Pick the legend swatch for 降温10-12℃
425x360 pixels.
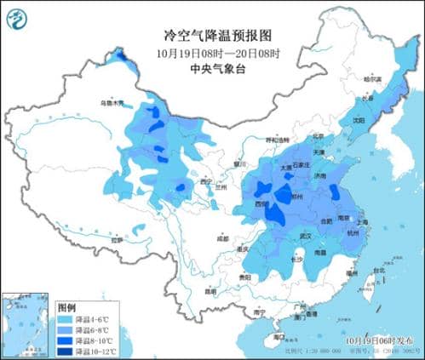tap(66, 350)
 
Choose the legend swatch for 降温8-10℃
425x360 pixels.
tap(66, 340)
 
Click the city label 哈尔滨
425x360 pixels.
tap(370, 78)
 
